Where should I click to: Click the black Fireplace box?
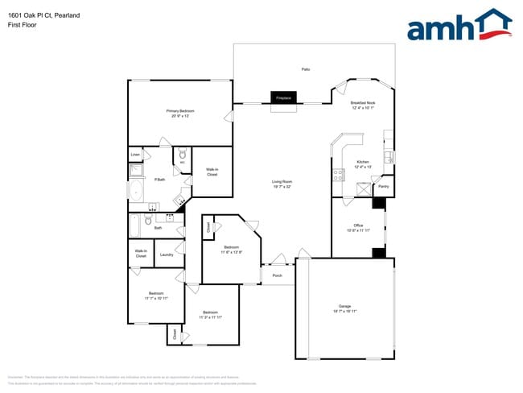pyautogui.click(x=283, y=97)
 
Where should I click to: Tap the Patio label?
pyautogui.click(x=306, y=69)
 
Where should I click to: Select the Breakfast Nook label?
pyautogui.click(x=363, y=103)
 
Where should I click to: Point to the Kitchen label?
pyautogui.click(x=363, y=162)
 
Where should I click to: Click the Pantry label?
pyautogui.click(x=384, y=186)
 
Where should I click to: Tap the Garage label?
pyautogui.click(x=345, y=307)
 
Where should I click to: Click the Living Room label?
pyautogui.click(x=282, y=182)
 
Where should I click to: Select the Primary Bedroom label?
pyautogui.click(x=180, y=111)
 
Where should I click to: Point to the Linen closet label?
pyautogui.click(x=136, y=154)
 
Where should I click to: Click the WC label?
pyautogui.click(x=183, y=163)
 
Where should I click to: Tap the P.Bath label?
pyautogui.click(x=159, y=180)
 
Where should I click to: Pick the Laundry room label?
pyautogui.click(x=167, y=254)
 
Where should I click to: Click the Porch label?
pyautogui.click(x=277, y=276)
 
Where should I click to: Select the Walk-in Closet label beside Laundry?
pyautogui.click(x=141, y=253)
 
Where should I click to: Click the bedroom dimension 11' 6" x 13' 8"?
pyautogui.click(x=232, y=252)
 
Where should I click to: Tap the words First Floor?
pyautogui.click(x=22, y=24)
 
